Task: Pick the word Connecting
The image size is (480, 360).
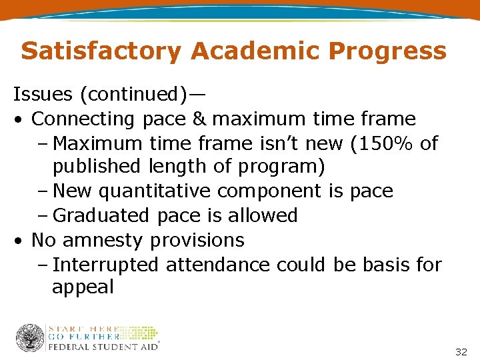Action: coord(83,119)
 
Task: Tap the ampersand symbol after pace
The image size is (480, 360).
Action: coord(200,119)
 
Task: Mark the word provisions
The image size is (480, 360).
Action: coord(197,240)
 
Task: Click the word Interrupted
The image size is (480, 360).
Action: coord(106,265)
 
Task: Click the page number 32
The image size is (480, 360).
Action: coord(461,351)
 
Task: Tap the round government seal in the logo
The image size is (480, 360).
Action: coord(30,338)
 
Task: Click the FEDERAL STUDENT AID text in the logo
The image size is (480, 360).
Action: coord(103,347)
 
